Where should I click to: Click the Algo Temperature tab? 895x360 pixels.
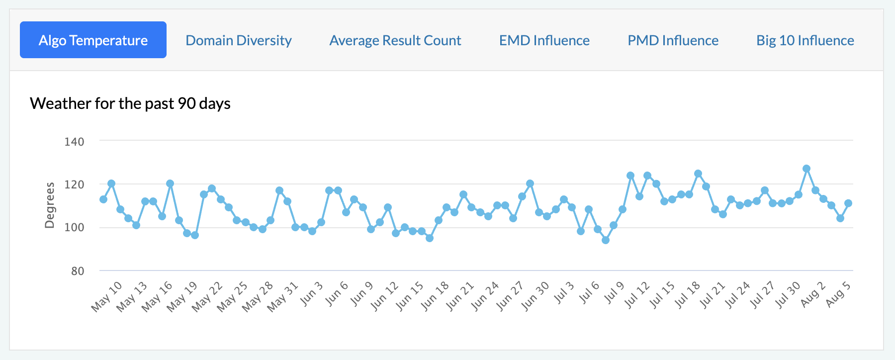coord(93,40)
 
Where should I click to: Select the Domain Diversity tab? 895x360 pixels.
coord(239,40)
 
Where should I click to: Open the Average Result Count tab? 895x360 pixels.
coord(395,40)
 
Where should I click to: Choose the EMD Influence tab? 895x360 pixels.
coord(544,40)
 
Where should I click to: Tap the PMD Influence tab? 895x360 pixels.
coord(673,40)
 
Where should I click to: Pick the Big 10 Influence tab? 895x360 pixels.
coord(805,40)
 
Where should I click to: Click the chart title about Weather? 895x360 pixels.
coord(130,103)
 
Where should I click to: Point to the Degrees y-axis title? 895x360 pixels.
coord(50,205)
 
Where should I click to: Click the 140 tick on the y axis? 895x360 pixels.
coord(75,142)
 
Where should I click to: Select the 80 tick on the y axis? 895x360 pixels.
coord(78,271)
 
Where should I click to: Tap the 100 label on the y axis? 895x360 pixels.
coord(75,228)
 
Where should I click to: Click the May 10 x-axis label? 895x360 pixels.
coord(106,296)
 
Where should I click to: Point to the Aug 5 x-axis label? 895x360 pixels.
coord(838,294)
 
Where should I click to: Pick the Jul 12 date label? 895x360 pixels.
coord(637,295)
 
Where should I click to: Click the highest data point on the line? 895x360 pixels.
coord(806,169)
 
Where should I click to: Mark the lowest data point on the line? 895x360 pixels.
coord(606,240)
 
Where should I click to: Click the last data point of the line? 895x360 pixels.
coord(848,203)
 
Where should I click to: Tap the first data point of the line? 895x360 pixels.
coord(103,199)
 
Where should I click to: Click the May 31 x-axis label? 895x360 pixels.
coord(282,297)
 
